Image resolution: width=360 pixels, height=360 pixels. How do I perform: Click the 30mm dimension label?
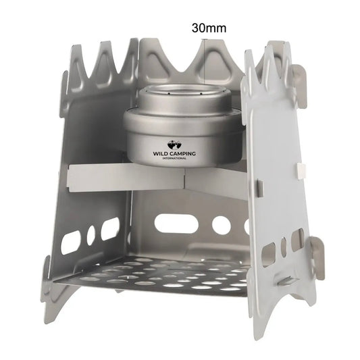208,28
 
